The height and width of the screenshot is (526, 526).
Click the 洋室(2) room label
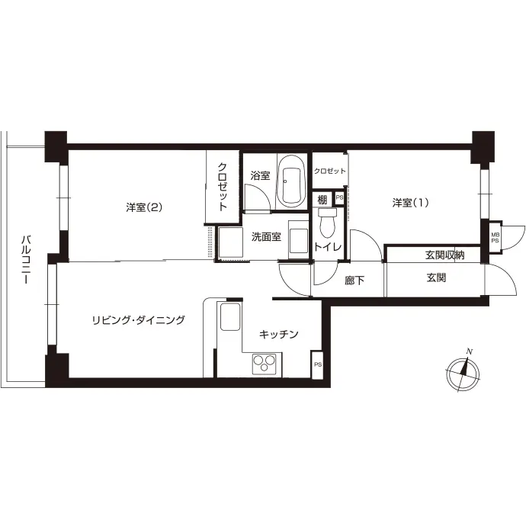tap(144, 207)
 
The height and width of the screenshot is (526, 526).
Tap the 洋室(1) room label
tap(411, 203)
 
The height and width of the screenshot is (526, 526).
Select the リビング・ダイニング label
tap(139, 320)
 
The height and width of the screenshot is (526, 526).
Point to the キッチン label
tap(279, 334)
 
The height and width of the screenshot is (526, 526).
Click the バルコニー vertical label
tap(26, 260)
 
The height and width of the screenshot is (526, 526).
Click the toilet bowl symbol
tap(327, 223)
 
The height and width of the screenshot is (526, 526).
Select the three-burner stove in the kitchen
tap(265, 364)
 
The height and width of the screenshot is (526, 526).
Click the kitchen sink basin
tap(229, 316)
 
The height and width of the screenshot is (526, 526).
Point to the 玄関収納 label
tap(445, 255)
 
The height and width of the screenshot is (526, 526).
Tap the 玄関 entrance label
tap(437, 277)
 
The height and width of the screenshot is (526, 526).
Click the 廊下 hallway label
tap(354, 280)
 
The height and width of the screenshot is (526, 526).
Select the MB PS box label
tap(496, 238)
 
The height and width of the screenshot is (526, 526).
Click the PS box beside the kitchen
tap(317, 364)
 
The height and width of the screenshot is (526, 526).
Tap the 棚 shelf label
tap(322, 200)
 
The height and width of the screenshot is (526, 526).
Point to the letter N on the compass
tap(470, 351)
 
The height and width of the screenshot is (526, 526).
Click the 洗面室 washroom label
tap(266, 237)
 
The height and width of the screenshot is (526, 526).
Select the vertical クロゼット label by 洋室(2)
tap(223, 187)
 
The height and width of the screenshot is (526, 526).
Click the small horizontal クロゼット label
tap(330, 171)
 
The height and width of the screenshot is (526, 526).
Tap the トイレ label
tap(328, 247)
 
